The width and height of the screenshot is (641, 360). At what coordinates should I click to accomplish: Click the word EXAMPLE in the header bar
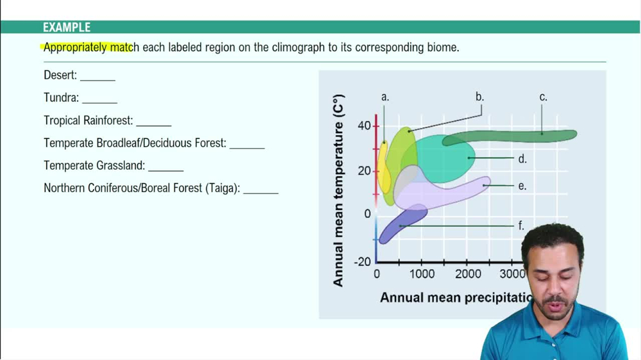tap(67, 28)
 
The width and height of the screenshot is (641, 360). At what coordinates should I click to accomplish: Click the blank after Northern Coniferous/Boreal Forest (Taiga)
tap(260, 190)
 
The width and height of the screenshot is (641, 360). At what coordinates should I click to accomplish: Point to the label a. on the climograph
tap(385, 97)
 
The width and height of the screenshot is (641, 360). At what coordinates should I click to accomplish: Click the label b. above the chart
tap(479, 97)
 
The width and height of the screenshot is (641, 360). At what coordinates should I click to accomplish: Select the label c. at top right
tap(543, 97)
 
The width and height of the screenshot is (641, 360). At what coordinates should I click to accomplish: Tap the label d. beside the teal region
tap(522, 159)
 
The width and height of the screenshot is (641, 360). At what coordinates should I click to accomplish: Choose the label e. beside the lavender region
tap(522, 186)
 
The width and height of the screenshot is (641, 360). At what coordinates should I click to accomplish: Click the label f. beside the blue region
tap(521, 226)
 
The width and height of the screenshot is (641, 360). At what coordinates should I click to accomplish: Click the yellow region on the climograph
tap(383, 167)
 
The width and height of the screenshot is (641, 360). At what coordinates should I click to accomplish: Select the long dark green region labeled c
tap(513, 136)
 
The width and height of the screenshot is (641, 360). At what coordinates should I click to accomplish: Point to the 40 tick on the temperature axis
tap(364, 126)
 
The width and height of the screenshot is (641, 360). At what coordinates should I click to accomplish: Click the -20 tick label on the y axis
tap(362, 261)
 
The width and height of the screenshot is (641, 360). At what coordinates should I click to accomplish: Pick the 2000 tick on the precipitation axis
tap(468, 274)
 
